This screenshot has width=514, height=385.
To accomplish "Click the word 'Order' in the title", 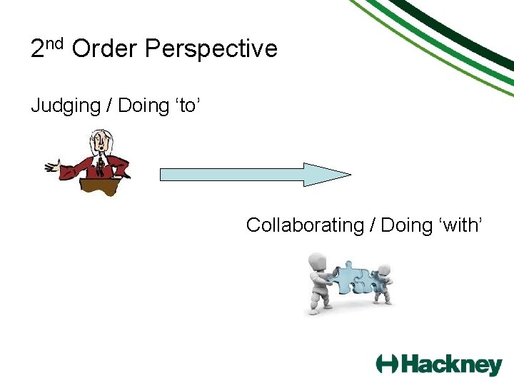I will tap(105, 49).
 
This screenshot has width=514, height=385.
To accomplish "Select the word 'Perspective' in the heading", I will tap(211, 50).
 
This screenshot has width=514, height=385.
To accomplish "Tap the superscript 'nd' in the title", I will tap(56, 43).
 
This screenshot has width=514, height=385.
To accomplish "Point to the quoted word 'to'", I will tap(188, 106).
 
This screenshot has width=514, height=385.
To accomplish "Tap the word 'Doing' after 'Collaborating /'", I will tap(407, 225).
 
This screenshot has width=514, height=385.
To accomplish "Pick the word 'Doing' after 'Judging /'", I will tap(143, 106).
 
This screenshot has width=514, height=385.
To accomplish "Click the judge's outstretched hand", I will tap(51, 167).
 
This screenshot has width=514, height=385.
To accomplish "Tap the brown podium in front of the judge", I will tap(100, 186).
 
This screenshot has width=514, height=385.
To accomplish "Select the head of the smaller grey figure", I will tap(384, 271).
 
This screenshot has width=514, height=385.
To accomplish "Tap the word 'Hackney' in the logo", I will tap(451, 364).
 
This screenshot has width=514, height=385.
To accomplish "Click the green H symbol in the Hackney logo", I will tap(387, 364).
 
